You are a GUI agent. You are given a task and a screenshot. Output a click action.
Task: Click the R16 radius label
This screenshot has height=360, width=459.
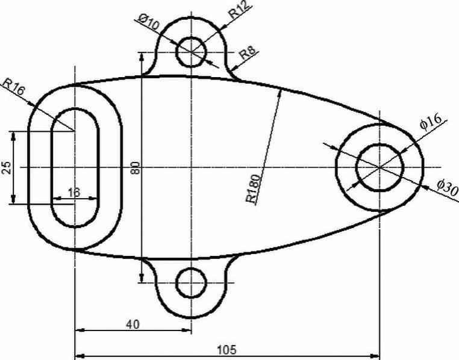pyautogui.click(x=13, y=87)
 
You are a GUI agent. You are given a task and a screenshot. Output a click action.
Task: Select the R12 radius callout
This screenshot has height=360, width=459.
pyautogui.click(x=239, y=10)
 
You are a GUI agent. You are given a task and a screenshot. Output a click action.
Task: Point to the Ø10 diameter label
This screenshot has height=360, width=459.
pyautogui.click(x=149, y=23)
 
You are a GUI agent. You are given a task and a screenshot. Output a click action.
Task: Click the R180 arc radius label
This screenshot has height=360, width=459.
pyautogui.click(x=252, y=188)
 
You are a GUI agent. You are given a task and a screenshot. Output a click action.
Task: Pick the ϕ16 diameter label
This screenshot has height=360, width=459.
pyautogui.click(x=430, y=122)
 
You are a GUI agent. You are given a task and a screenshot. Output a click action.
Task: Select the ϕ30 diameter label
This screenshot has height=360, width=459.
pyautogui.click(x=448, y=188)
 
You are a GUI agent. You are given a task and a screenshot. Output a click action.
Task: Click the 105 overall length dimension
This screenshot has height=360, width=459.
pyautogui.click(x=226, y=350)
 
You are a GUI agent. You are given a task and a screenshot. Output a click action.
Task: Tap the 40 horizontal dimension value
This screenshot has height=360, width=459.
pyautogui.click(x=133, y=324)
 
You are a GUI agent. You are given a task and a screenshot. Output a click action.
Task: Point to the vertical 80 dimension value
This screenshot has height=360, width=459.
pyautogui.click(x=136, y=167)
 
